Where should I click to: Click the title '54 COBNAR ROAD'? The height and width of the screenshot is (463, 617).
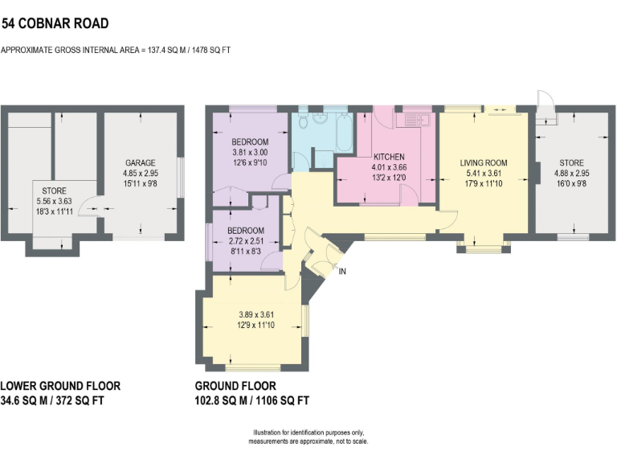(x=55, y=24)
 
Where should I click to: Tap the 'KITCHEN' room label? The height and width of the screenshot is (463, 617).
(x=387, y=157)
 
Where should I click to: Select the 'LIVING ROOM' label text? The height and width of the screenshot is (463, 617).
(x=484, y=162)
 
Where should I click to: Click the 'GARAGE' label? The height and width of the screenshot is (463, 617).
(x=139, y=162)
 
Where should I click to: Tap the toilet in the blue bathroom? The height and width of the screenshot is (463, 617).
(x=302, y=122)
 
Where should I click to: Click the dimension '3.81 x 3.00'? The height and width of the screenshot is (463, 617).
(x=249, y=153)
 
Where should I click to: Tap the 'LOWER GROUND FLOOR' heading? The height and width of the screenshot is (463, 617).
(x=51, y=386)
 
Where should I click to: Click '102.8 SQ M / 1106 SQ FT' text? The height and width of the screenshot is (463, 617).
(x=252, y=400)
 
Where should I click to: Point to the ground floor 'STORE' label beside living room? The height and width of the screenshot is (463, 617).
(x=571, y=162)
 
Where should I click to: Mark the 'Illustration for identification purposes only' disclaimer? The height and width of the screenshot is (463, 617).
(x=308, y=434)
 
